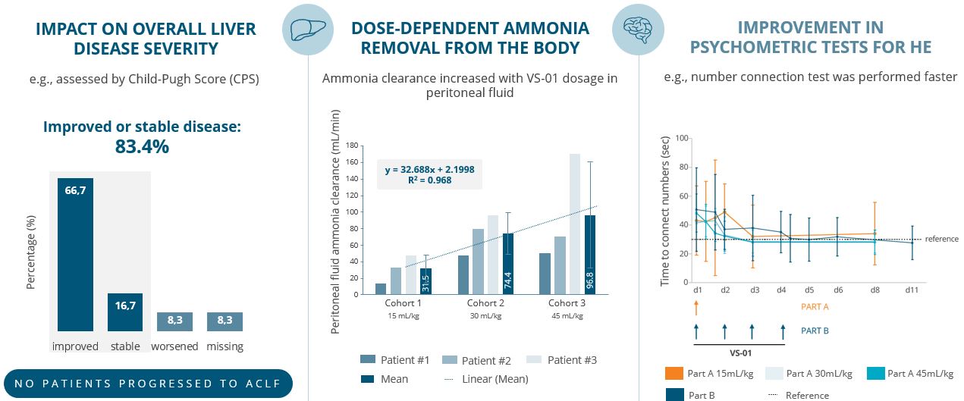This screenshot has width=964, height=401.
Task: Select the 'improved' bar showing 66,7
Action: click(75, 254)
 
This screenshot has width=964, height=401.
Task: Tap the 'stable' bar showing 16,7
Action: click(125, 312)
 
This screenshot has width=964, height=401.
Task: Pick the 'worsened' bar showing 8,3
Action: click(175, 321)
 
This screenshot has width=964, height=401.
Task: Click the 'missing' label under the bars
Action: click(225, 346)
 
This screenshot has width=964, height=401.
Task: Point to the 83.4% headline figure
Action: click(142, 146)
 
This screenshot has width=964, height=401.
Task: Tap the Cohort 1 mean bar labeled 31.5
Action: click(425, 281)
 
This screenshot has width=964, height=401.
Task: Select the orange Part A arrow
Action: click(696, 307)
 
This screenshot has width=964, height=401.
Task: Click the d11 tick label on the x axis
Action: click(912, 290)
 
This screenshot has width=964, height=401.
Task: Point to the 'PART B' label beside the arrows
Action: click(815, 331)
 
